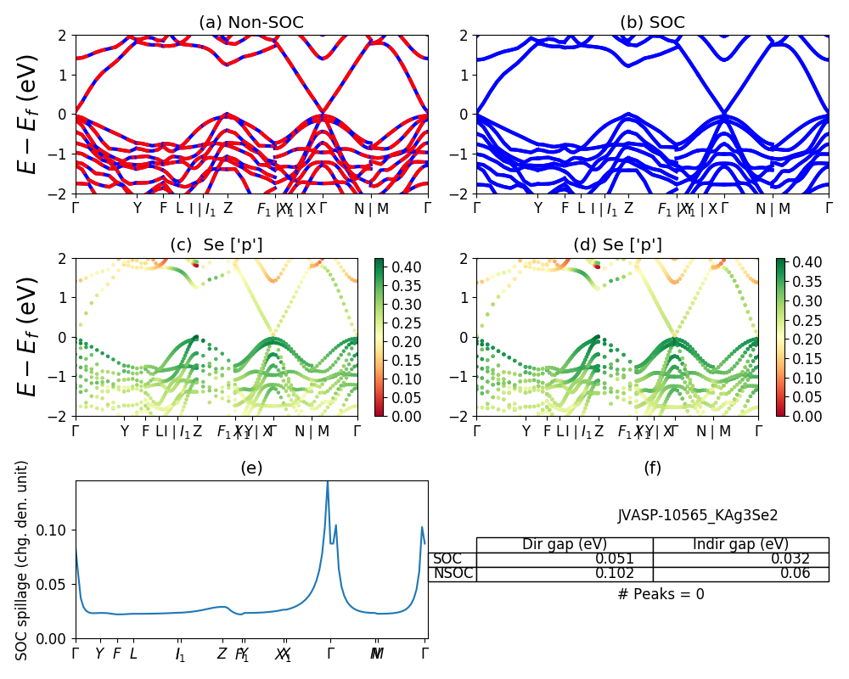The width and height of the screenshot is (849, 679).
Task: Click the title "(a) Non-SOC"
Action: click(251, 23)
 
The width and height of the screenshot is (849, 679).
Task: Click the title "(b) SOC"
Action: click(652, 23)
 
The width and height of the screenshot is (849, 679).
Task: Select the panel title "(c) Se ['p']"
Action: click(216, 245)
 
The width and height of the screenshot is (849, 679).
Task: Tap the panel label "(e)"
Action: click(251, 468)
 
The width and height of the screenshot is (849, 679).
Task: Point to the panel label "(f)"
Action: click(652, 468)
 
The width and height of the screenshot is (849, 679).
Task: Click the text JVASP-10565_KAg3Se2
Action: click(698, 514)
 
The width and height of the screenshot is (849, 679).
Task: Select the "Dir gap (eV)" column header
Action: click(565, 544)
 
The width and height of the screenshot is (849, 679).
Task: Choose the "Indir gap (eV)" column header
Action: click(740, 544)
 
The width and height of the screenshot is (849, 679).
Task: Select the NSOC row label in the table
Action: click(453, 574)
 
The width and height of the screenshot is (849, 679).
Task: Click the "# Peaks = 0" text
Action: click(661, 594)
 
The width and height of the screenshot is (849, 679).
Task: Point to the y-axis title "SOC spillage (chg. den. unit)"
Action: click(23, 560)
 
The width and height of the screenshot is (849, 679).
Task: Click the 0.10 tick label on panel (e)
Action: click(55, 530)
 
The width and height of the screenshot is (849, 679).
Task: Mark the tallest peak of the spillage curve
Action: click(328, 483)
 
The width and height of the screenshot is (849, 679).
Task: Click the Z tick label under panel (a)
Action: click(228, 208)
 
